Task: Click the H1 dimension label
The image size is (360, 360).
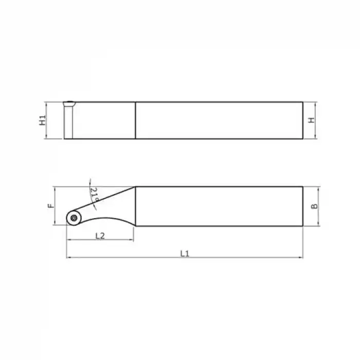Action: (x=43, y=120)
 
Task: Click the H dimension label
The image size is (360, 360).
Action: (x=311, y=120)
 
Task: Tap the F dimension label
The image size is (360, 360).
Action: (x=51, y=206)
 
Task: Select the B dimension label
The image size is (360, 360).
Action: (x=314, y=206)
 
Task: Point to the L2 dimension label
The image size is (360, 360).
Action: (x=100, y=236)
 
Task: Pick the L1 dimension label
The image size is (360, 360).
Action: (x=185, y=254)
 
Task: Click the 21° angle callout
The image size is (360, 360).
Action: (x=94, y=194)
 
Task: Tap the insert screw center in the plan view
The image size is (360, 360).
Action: (x=74, y=218)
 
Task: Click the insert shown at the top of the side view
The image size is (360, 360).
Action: (x=69, y=103)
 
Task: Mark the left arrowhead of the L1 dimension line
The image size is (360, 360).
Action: (x=68, y=258)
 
